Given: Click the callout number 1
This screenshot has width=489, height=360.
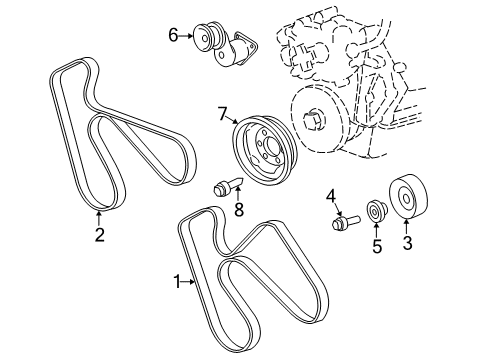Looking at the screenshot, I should click(176, 283).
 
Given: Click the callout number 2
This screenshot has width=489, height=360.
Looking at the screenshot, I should click(99, 236).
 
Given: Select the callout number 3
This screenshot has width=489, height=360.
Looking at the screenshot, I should click(406, 243).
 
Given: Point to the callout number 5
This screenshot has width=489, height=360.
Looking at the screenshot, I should click(376, 245).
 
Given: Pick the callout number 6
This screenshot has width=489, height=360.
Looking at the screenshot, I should click(173, 35).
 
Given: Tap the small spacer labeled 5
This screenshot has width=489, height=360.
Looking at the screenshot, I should click(376, 212).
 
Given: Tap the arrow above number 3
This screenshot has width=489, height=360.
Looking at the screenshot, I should click(406, 227).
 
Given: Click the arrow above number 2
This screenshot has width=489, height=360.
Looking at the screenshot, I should click(99, 219).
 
